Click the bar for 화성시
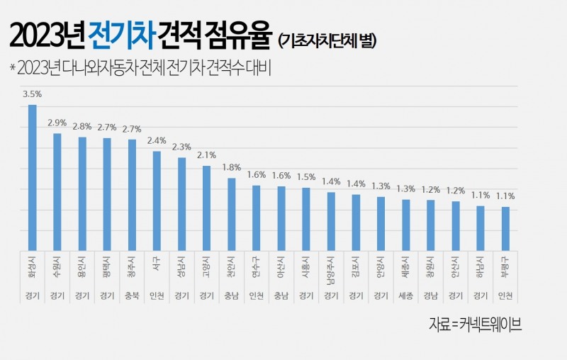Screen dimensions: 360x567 click(32, 177)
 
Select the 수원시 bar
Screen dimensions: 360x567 click(57, 191)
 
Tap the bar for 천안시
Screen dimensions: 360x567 click(231, 213)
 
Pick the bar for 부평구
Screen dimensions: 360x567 click(505, 228)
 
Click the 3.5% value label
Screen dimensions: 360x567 click(32, 93)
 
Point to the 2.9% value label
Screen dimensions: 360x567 click(57, 122)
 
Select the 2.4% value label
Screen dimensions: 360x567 click(157, 140)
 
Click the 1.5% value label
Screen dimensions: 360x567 click(306, 176)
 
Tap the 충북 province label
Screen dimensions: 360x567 click(132, 296)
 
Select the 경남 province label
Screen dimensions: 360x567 click(431, 296)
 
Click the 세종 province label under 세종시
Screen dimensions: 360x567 click(406, 296)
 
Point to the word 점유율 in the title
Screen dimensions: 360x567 click(240, 34)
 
